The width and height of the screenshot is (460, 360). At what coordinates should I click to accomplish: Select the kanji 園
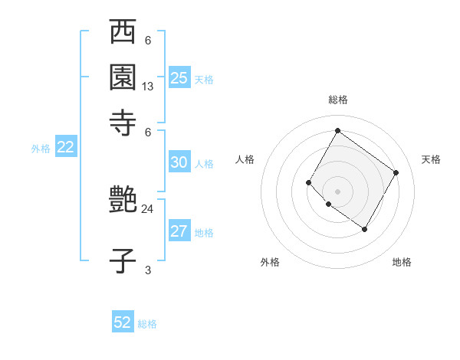tap(123, 77)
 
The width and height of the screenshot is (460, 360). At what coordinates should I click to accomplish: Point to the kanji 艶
tap(123, 199)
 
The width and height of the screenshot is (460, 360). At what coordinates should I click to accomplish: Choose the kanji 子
tap(123, 260)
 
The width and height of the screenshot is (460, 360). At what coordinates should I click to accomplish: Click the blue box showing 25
tap(179, 77)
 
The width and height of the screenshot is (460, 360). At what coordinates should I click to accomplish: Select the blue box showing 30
tap(179, 162)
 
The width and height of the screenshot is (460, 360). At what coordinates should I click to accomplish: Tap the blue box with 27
tap(179, 231)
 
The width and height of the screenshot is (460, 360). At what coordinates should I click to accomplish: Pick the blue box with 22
tap(65, 147)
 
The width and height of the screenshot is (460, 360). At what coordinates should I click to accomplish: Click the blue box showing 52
tap(123, 322)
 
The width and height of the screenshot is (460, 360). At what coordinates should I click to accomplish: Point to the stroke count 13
tap(148, 87)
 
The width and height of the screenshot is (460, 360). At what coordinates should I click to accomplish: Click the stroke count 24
tap(148, 208)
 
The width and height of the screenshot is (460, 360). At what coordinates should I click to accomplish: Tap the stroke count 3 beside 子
tap(148, 270)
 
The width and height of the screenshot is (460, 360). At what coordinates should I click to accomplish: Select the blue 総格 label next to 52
tap(147, 324)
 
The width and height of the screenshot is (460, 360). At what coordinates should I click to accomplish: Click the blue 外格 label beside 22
tap(41, 149)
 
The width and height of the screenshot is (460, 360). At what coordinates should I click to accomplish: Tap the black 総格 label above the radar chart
tap(337, 100)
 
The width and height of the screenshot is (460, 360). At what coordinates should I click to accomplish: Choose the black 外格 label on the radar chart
tap(270, 262)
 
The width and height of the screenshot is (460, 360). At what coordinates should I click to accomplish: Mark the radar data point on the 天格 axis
tap(396, 172)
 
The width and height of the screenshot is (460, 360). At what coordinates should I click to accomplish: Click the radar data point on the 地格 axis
tap(365, 229)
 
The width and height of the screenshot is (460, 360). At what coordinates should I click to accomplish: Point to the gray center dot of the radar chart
tap(337, 191)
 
